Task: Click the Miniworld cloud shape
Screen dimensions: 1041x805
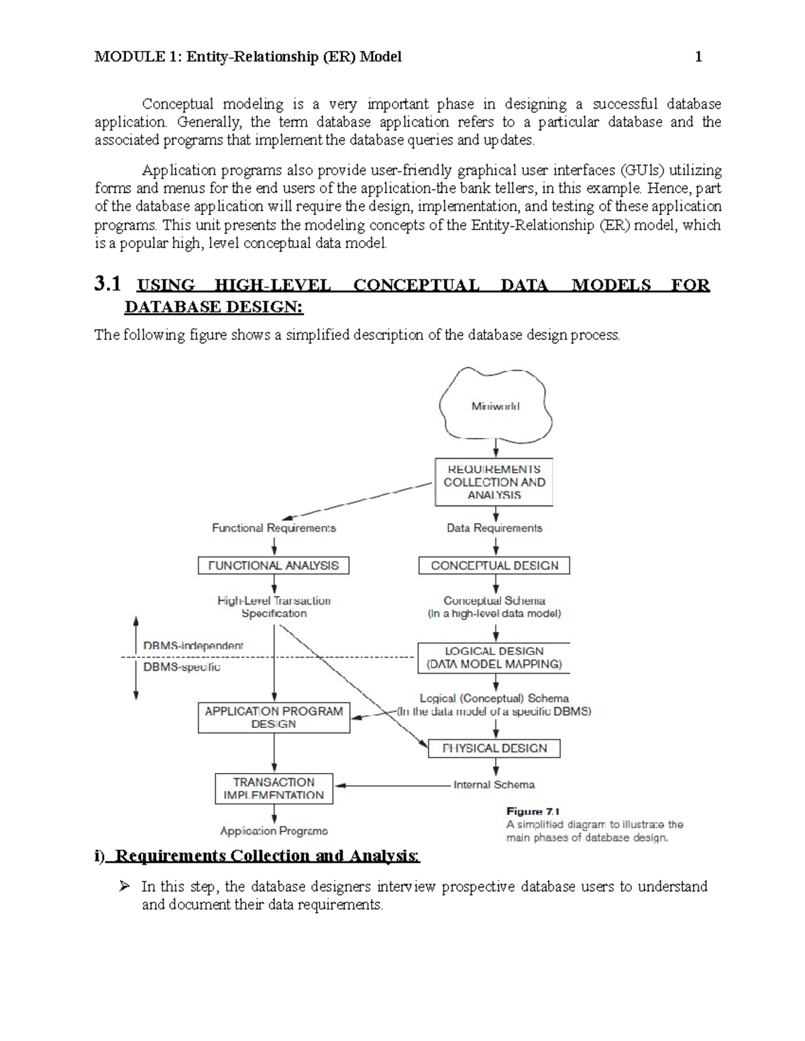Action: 495,406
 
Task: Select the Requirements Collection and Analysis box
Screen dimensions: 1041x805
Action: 494,482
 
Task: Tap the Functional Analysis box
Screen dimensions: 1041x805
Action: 274,565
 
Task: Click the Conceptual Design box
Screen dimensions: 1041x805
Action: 494,565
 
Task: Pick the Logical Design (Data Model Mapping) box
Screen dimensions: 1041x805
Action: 494,658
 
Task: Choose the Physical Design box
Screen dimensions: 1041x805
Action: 494,748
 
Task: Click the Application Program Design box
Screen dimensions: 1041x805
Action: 274,717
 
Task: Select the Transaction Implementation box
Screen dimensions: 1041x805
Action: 274,788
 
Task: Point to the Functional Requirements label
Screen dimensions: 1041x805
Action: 274,528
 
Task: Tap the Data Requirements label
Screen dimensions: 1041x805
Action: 494,528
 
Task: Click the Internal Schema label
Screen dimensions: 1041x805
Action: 494,784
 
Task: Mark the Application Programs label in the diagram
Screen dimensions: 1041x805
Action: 274,831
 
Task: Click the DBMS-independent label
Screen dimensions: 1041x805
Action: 193,646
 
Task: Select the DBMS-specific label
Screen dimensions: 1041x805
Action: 182,667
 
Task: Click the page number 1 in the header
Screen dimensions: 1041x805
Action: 698,57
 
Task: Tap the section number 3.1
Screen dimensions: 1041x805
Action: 107,285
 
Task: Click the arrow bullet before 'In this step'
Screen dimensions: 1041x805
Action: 123,887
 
